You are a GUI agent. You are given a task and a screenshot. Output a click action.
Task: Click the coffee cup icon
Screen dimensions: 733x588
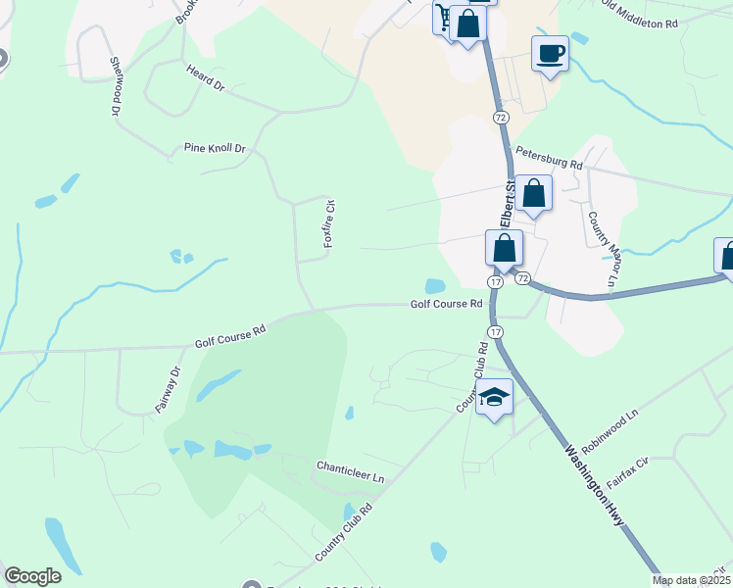(550, 52)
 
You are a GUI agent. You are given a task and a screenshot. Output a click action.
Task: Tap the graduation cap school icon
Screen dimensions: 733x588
(495, 397)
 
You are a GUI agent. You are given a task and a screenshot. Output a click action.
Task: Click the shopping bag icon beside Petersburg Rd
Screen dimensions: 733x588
(534, 193)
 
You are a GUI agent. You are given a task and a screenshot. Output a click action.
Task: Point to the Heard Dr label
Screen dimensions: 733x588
(205, 79)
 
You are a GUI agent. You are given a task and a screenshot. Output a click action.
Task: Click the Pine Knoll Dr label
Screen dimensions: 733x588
(215, 148)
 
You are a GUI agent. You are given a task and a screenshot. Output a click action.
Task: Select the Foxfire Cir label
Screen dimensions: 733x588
(330, 223)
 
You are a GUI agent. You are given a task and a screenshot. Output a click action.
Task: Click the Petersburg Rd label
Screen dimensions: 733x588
(549, 159)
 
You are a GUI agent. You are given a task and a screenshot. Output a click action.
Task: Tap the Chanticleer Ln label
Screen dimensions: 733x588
(350, 470)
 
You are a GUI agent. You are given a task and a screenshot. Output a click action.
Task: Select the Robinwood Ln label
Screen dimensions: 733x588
(610, 428)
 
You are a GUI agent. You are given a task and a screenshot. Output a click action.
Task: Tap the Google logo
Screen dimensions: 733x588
(32, 576)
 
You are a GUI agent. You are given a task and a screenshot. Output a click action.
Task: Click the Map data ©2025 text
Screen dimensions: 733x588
(692, 580)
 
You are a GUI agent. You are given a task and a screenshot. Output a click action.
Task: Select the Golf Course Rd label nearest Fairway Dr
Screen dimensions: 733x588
(230, 337)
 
